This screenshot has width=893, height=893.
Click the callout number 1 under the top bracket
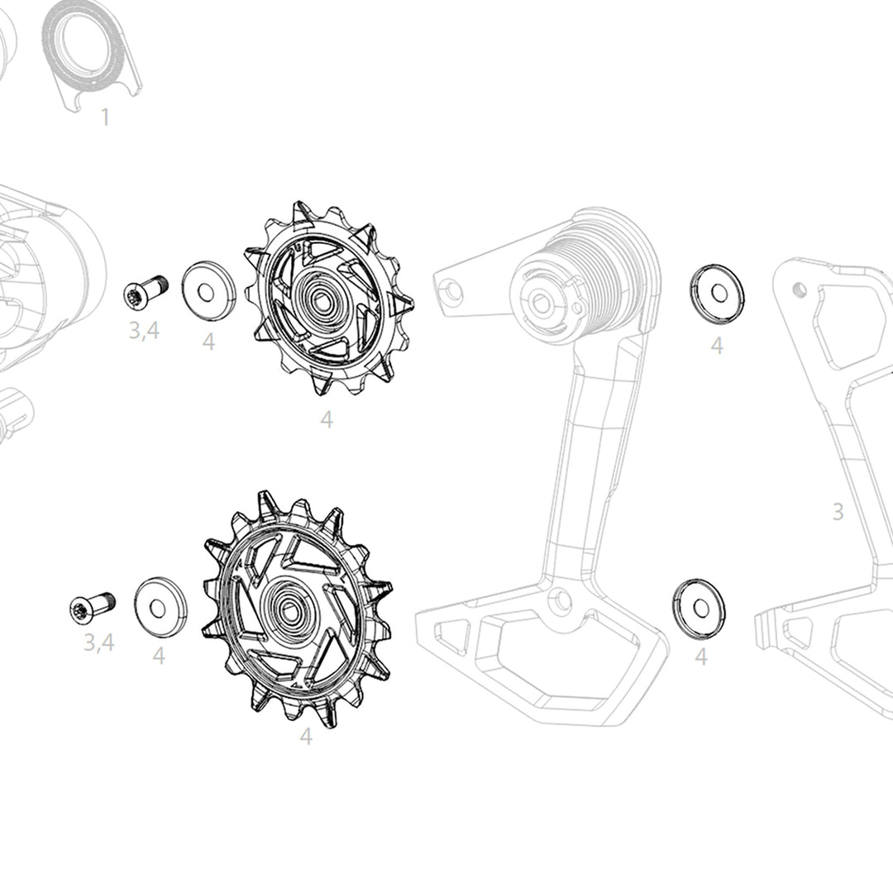(105, 117)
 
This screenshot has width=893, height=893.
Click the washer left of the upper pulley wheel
(208, 292)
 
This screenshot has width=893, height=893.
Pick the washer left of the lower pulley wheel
(160, 607)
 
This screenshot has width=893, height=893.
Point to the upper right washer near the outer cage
(717, 294)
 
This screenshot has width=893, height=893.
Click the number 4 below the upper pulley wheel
(326, 420)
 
